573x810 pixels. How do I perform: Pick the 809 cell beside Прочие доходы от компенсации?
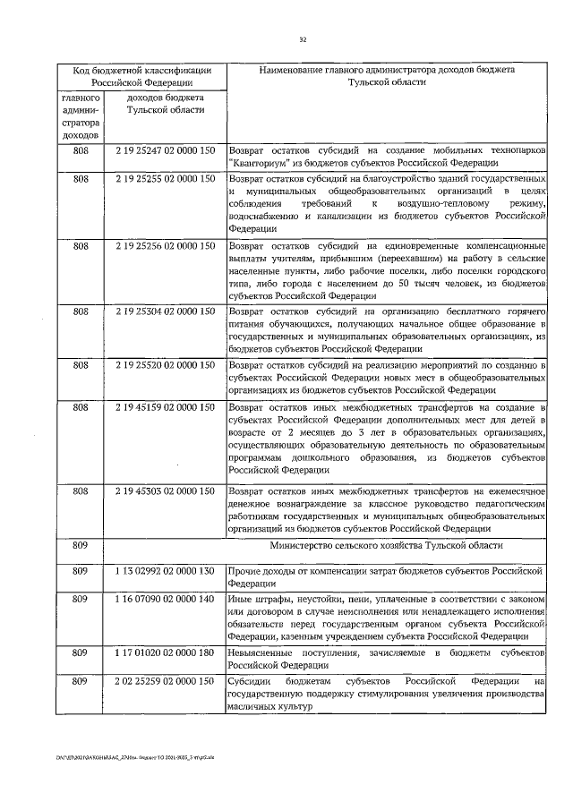81,569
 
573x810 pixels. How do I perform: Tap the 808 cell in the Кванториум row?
81,152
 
